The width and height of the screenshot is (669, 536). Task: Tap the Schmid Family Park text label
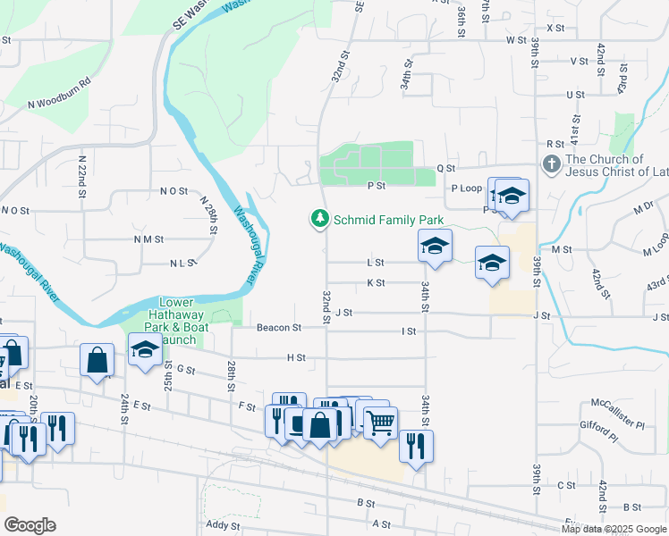(388, 219)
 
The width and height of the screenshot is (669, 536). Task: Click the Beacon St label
(278, 328)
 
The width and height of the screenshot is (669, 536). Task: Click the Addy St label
(223, 526)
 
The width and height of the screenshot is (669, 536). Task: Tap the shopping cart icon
(380, 422)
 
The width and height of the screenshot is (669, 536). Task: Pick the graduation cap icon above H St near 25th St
(145, 349)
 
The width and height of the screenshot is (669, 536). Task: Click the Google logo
(30, 525)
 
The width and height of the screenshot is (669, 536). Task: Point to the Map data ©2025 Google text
(614, 529)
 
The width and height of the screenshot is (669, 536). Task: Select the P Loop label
(466, 188)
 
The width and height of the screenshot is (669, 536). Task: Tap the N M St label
(148, 239)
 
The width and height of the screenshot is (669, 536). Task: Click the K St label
(376, 283)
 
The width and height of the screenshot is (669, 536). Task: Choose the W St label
(515, 40)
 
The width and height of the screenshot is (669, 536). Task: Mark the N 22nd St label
(81, 170)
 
